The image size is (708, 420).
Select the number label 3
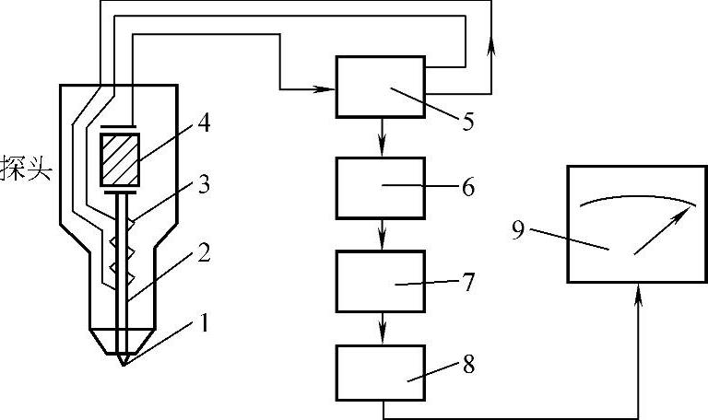tap(204, 186)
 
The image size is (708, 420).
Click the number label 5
tap(468, 120)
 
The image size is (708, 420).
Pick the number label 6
tap(468, 188)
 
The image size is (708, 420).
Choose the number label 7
tap(468, 282)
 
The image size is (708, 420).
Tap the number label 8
tap(468, 365)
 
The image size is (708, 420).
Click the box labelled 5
tap(380, 87)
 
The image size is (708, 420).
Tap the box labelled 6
tap(380, 188)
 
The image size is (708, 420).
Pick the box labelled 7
tap(380, 280)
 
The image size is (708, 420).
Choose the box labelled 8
tap(380, 372)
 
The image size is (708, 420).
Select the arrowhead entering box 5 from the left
tap(325, 89)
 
